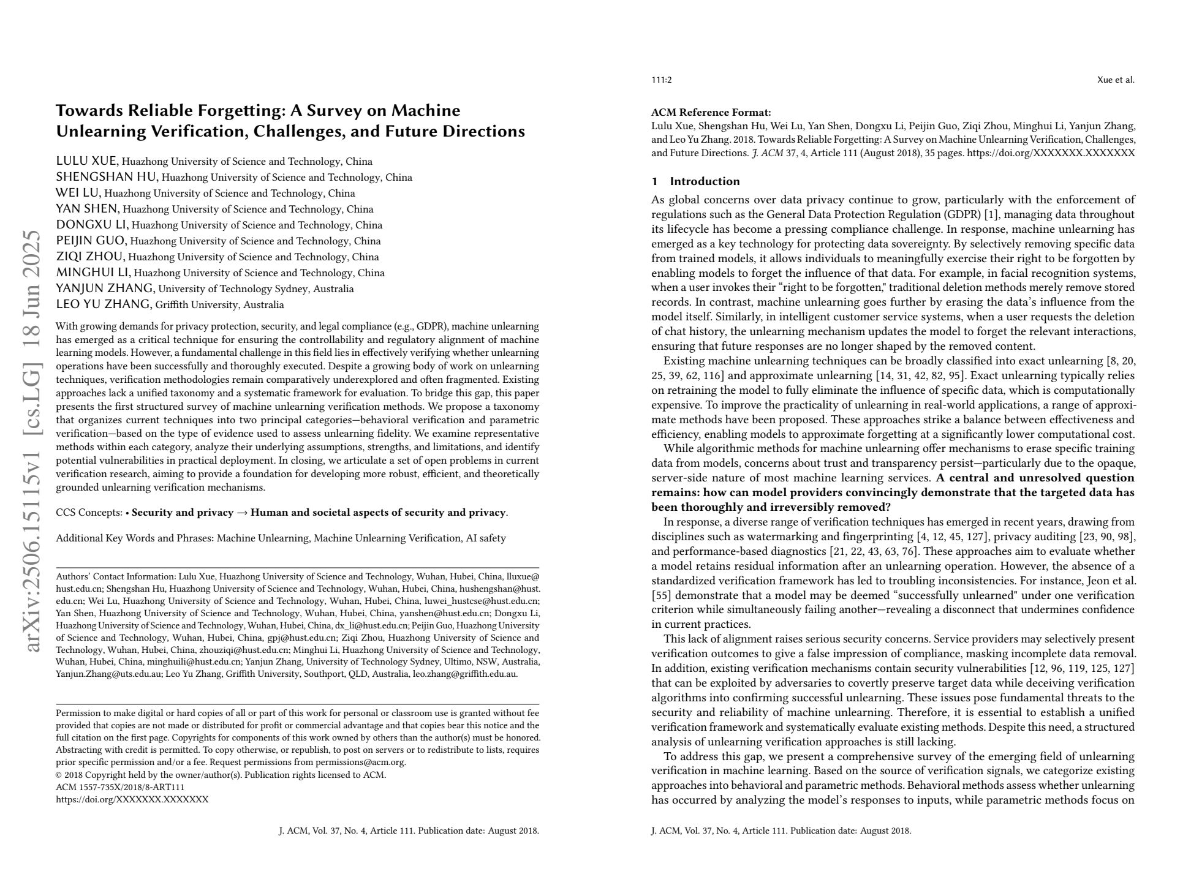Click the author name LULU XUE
click(x=86, y=161)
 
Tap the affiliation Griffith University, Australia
click(x=219, y=305)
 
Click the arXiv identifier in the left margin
click(x=32, y=441)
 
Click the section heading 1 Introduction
click(x=695, y=181)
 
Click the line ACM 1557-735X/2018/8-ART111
click(x=120, y=787)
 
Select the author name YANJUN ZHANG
click(x=105, y=288)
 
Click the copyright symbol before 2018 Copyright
click(x=59, y=775)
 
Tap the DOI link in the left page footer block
click(x=132, y=799)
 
